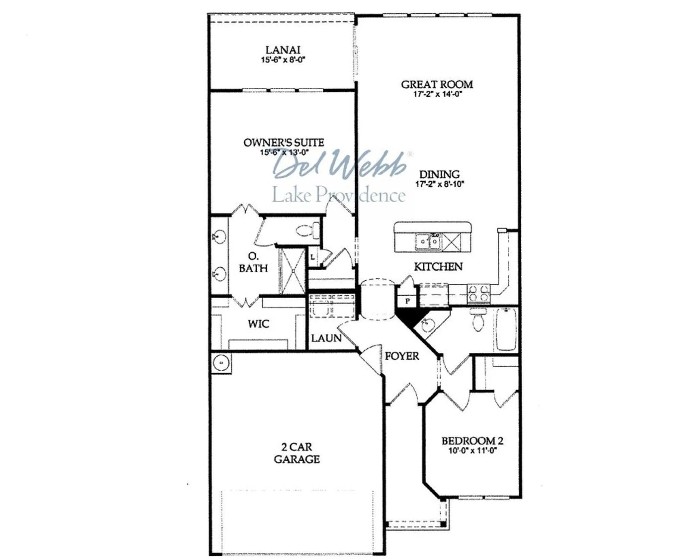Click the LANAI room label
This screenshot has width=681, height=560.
[282, 50]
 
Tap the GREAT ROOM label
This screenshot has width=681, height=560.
[437, 85]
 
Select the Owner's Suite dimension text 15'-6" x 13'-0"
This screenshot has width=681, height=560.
[284, 152]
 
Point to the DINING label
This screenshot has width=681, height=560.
[439, 174]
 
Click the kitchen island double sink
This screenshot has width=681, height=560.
[428, 242]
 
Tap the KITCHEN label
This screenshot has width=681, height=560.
[438, 267]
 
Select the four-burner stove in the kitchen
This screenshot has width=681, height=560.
[479, 292]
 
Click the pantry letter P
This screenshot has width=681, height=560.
[407, 301]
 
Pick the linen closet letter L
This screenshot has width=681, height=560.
[312, 257]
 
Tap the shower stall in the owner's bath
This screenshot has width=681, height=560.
[293, 271]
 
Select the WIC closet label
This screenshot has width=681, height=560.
[258, 324]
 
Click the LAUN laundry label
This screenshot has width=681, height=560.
[326, 338]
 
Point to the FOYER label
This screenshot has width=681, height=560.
[402, 356]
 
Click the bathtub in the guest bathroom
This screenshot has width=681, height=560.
[506, 329]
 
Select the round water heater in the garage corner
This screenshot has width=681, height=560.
[221, 363]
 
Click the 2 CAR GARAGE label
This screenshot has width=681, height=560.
[297, 453]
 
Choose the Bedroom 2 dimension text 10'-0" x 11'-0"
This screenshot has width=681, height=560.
[472, 451]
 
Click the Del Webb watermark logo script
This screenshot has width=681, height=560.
[340, 164]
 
